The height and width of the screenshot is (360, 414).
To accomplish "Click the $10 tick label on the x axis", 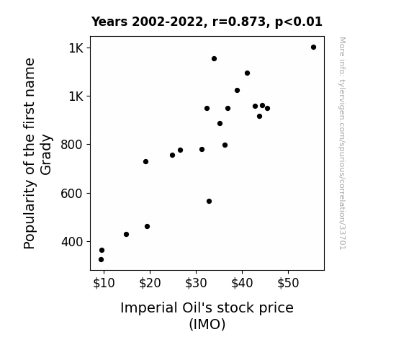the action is tap(104, 283).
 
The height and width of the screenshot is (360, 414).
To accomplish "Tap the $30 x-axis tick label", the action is tap(196, 283).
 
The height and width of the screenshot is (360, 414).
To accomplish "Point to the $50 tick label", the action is tap(288, 283).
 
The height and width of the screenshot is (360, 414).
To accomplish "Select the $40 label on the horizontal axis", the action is tap(242, 283).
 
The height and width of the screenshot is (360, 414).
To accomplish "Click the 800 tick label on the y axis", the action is tap(72, 145).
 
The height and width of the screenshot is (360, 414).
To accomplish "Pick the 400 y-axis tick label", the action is tap(72, 242).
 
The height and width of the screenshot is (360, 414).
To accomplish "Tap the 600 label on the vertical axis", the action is tap(72, 194).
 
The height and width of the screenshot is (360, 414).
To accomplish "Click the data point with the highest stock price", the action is tap(313, 48).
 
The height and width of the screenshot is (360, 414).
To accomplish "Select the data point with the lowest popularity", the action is tap(101, 260).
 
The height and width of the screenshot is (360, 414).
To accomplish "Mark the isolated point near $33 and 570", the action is tap(209, 202).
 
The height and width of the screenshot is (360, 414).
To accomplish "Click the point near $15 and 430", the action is tap(126, 234).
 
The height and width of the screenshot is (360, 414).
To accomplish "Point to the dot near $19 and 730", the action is tap(145, 162).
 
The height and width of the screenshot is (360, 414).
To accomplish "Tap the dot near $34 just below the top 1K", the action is tap(214, 58).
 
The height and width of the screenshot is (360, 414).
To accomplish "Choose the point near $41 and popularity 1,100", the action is tap(247, 73).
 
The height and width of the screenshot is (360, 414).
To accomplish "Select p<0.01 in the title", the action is tap(299, 22).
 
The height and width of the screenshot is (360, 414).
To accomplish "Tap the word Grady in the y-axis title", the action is tap(46, 155).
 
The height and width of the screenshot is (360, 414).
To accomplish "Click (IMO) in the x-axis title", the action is tap(207, 324).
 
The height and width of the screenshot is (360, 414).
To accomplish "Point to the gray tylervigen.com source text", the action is tap(343, 143).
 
